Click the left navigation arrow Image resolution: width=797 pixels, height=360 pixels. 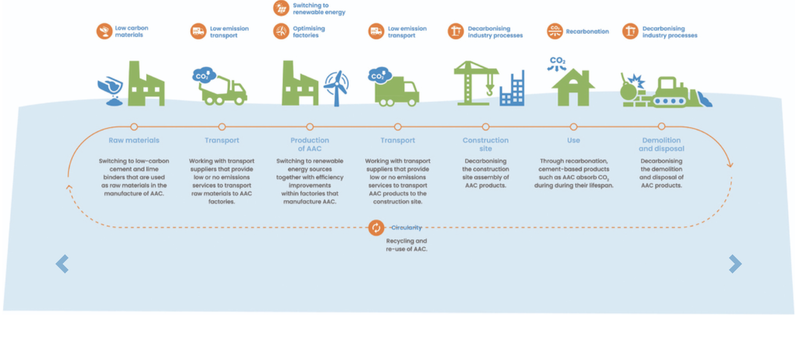click(62, 264)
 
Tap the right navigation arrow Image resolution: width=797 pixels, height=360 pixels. click(735, 264)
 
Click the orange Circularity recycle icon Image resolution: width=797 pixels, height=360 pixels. click(376, 227)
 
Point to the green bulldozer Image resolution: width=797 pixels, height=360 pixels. click(673, 92)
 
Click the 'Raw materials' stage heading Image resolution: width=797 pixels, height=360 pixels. click(134, 140)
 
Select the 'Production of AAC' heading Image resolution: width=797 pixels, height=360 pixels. click(310, 144)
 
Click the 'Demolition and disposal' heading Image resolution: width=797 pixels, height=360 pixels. click(662, 144)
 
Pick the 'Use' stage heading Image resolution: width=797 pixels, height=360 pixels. click(574, 140)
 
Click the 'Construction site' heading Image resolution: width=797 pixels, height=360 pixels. click(486, 144)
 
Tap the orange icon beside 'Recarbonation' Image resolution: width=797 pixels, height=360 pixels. click(554, 31)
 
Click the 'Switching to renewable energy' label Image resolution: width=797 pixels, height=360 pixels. click(319, 9)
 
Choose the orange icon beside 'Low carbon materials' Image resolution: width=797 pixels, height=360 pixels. click(104, 31)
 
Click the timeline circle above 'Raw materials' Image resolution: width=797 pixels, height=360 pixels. click(134, 127)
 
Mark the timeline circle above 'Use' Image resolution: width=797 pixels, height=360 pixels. click(574, 127)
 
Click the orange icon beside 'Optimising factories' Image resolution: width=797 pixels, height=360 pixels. click(281, 31)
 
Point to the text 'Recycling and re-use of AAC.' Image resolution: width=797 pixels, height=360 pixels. click(406, 245)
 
